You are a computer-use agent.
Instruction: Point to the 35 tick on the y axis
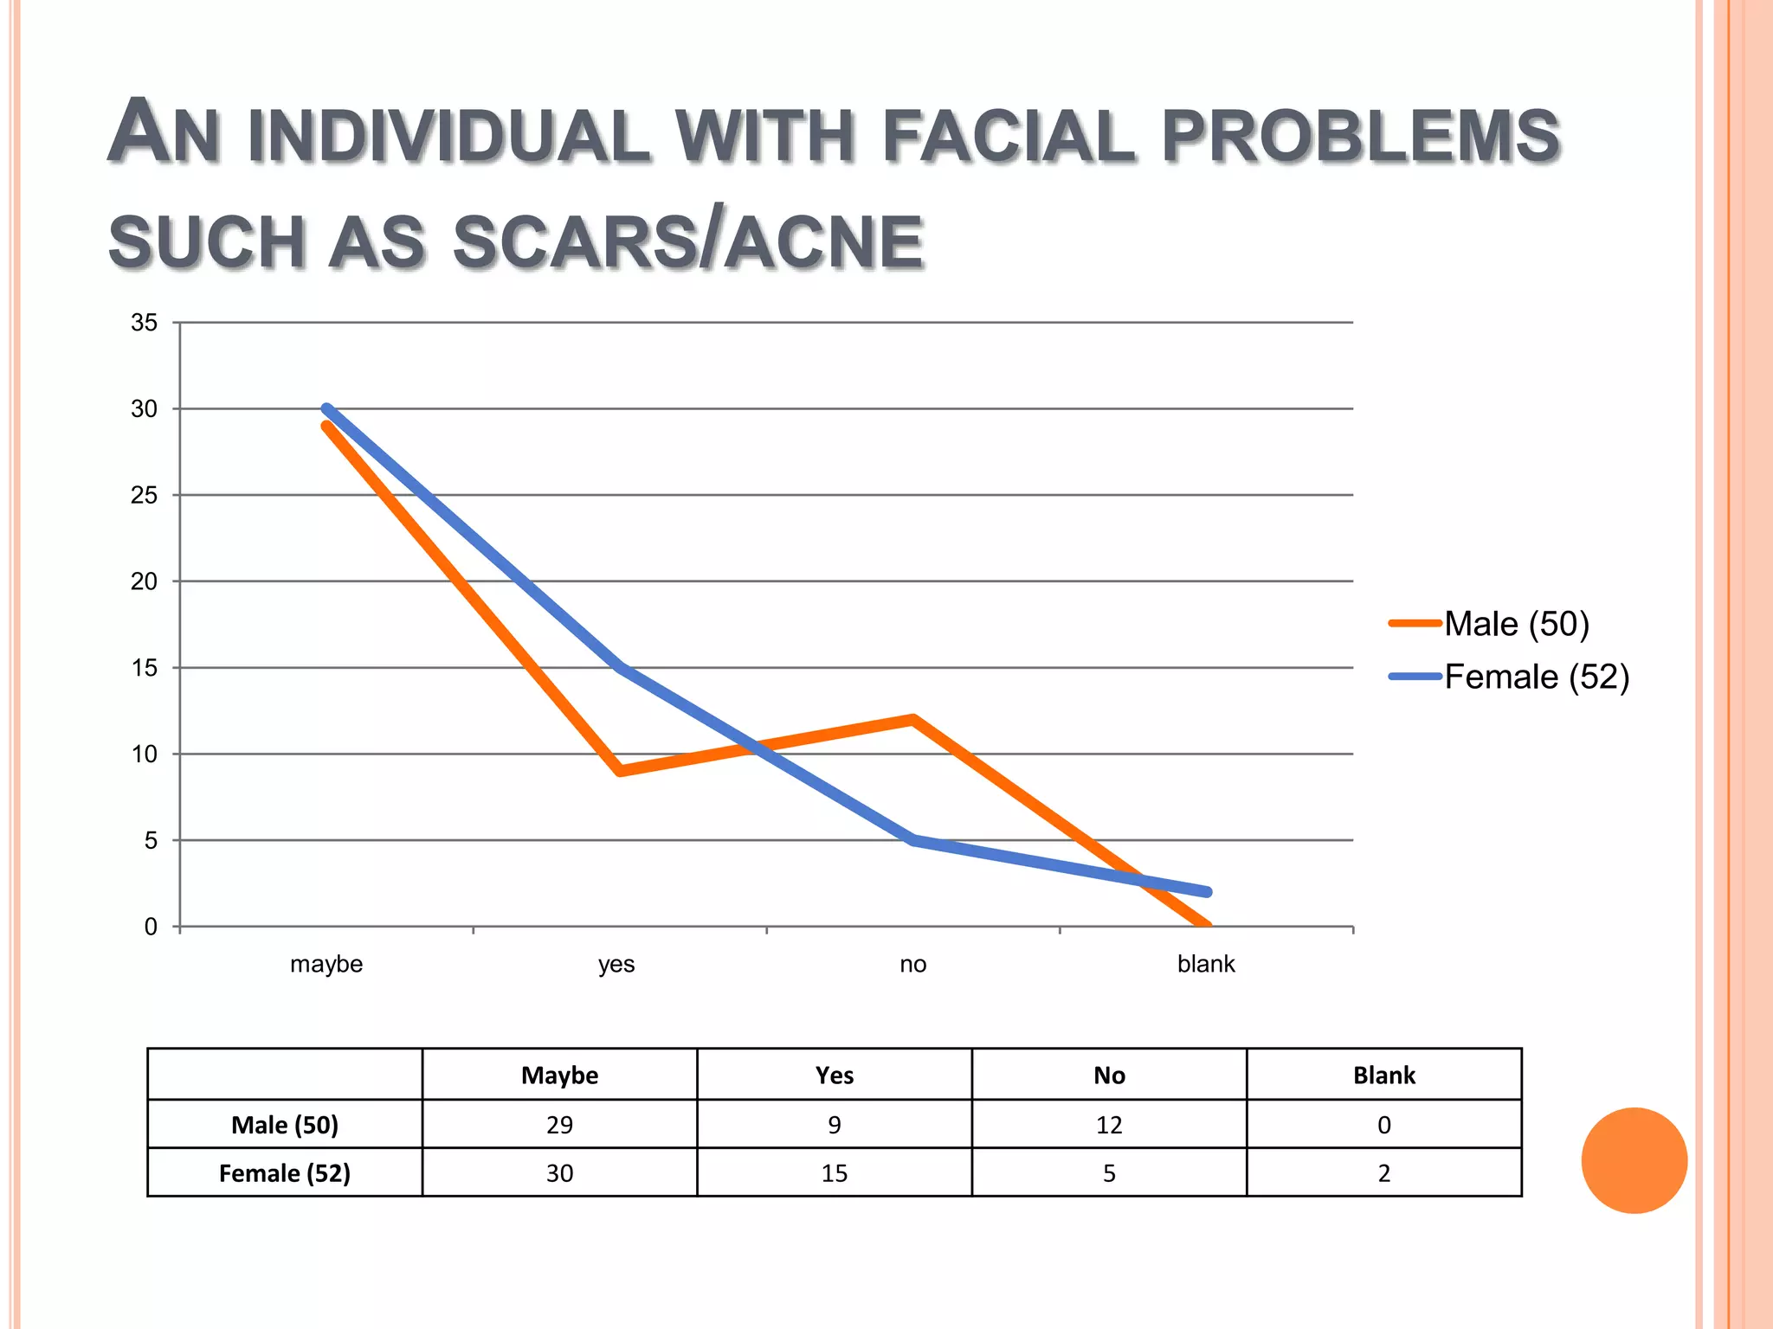(145, 323)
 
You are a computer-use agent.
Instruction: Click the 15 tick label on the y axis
(145, 668)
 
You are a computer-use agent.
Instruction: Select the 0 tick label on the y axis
(151, 927)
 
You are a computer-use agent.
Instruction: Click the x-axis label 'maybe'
(326, 964)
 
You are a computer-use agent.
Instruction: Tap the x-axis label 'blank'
(1206, 964)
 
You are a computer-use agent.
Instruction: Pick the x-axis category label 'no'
(912, 964)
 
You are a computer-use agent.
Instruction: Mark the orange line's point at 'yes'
(620, 770)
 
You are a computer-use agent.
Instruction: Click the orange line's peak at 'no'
(912, 719)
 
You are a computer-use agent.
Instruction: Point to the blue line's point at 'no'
(912, 839)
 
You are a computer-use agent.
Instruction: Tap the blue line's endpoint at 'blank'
(1207, 891)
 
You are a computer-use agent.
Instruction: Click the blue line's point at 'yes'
(620, 667)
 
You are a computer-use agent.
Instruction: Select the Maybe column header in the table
(559, 1075)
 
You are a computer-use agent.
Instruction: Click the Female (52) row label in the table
(284, 1173)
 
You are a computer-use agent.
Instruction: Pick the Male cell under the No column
(1109, 1125)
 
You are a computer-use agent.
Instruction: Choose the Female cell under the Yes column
(835, 1173)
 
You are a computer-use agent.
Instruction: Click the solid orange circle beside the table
(1634, 1160)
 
